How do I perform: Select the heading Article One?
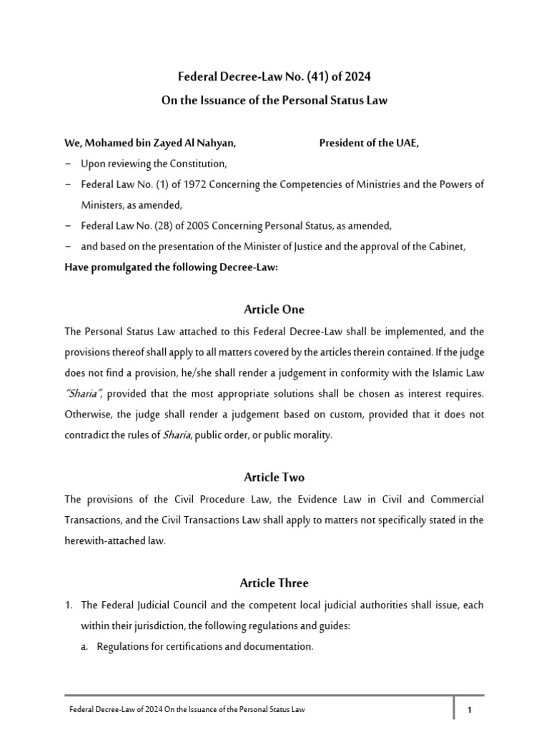coord(274,310)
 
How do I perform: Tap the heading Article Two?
coord(274,477)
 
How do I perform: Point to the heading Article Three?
coord(274,583)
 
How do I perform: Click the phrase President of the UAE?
coord(369,144)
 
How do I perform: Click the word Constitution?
coord(199,164)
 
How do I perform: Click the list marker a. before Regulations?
coord(84,646)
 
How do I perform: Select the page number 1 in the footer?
coord(470,710)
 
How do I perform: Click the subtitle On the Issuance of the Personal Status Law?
coord(274,100)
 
